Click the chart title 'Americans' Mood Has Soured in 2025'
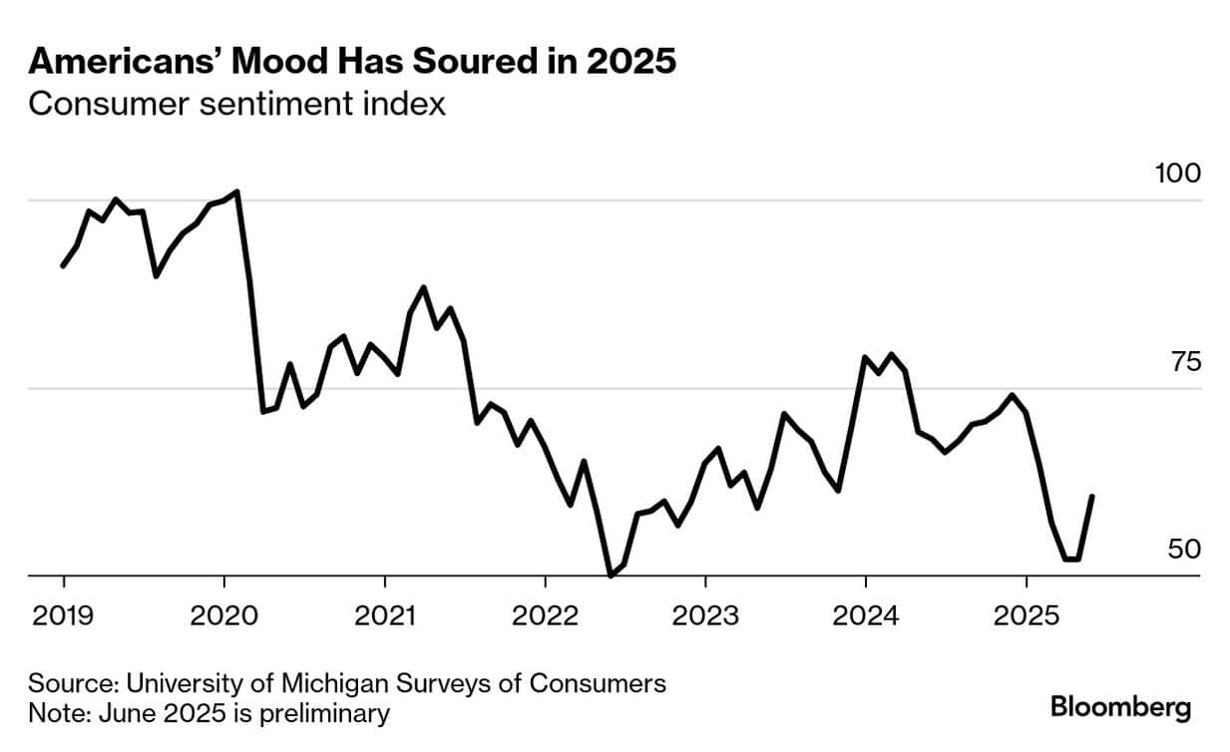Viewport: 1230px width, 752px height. [x=352, y=62]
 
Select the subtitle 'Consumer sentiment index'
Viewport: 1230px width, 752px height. [x=236, y=104]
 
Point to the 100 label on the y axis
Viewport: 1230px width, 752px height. [x=1178, y=173]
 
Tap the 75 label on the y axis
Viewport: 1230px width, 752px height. [x=1185, y=361]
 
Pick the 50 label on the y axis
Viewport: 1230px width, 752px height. [x=1185, y=549]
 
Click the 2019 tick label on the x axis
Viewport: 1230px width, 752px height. [x=64, y=615]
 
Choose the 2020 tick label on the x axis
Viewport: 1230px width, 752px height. [x=224, y=615]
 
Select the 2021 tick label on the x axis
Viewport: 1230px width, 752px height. [x=385, y=615]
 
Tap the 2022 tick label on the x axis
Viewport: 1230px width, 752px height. [x=545, y=615]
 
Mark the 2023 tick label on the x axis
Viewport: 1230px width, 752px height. [x=705, y=615]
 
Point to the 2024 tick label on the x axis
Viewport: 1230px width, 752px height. [x=866, y=615]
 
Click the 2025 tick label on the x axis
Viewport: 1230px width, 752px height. [x=1026, y=615]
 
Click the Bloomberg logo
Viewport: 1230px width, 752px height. [x=1120, y=708]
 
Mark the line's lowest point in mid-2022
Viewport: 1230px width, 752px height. [x=611, y=575]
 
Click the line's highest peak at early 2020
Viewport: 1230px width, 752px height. [x=237, y=190]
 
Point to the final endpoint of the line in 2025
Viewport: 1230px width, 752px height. [x=1093, y=496]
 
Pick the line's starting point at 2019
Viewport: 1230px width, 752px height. [x=63, y=266]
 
